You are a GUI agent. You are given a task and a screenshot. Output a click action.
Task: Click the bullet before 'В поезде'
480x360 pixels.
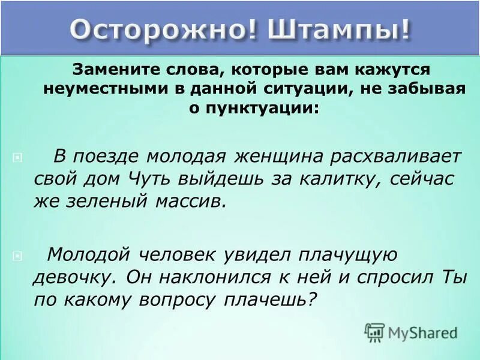coord(17,158)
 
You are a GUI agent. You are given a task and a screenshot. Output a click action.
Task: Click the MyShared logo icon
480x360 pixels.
coord(375,331)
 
